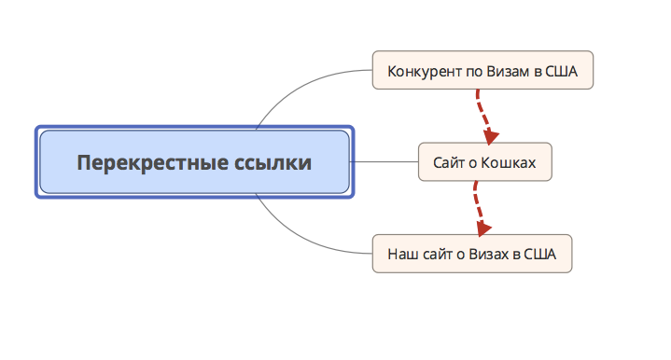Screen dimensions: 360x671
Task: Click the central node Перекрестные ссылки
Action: click(194, 162)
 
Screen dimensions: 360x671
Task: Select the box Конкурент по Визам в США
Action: click(482, 70)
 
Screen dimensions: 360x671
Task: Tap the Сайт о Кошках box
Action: click(484, 162)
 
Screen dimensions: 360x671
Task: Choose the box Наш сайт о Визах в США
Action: click(471, 253)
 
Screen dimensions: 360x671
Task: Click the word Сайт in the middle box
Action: click(447, 163)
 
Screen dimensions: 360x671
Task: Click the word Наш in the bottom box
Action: click(400, 254)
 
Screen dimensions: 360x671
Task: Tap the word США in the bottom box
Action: click(540, 254)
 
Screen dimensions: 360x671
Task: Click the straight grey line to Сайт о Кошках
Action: click(384, 162)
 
